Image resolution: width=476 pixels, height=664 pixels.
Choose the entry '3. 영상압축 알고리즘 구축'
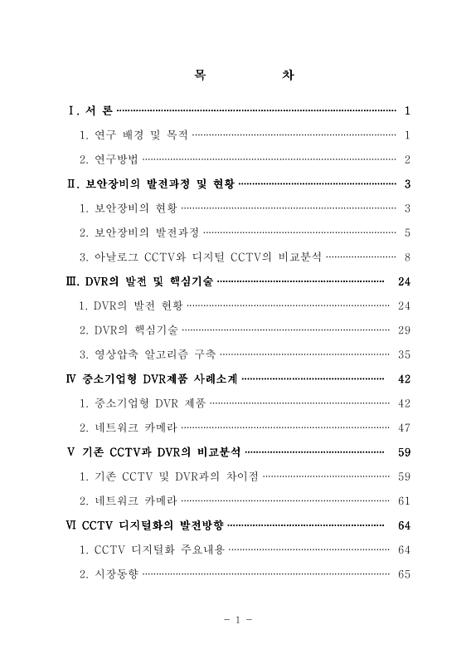pos(148,354)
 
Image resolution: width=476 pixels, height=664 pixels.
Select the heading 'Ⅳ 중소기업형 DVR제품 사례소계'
pos(152,379)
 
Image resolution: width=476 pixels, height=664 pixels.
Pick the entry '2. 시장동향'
pos(109,574)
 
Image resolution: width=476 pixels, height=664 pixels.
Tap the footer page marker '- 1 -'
pos(238,619)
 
